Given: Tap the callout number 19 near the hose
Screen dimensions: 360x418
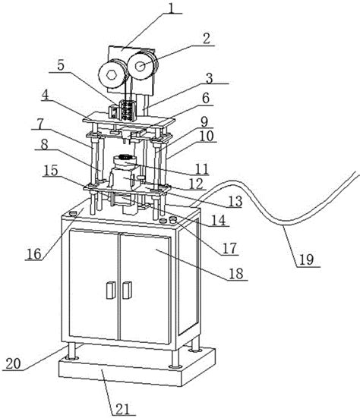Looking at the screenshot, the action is [306, 259].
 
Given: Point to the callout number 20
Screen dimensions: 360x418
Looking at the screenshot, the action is [14, 363].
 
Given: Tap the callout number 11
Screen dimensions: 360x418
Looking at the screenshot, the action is [202, 168].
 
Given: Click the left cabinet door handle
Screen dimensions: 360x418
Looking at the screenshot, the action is [110, 290].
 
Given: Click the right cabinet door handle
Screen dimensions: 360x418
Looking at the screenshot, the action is [128, 290].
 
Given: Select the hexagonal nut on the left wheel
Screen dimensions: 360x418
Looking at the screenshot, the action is [111, 74].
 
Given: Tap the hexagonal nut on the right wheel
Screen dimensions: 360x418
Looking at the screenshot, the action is [140, 66].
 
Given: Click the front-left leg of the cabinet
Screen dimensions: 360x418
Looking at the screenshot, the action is [71, 350].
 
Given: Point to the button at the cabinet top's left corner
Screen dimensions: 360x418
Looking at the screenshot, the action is [73, 213].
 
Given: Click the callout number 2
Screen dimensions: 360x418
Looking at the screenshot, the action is [207, 39].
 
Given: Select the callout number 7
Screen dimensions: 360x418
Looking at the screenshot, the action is [39, 123].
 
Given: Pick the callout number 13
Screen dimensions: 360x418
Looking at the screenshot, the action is [235, 202].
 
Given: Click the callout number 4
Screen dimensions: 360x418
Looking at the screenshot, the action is [46, 96].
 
